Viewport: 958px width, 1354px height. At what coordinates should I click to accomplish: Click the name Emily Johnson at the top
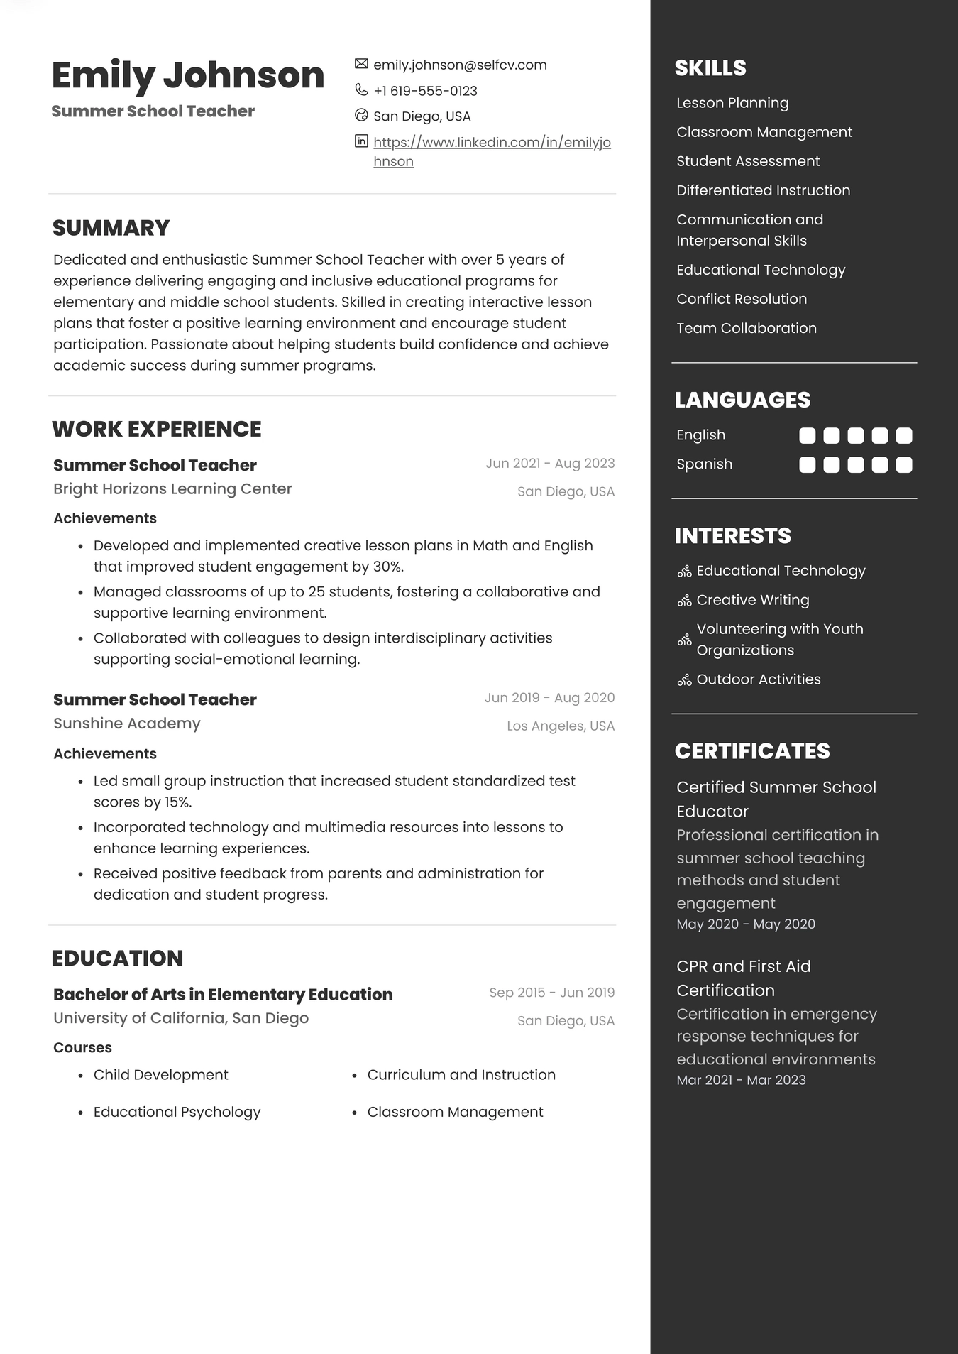click(188, 75)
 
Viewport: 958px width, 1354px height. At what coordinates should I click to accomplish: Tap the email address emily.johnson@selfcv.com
click(460, 65)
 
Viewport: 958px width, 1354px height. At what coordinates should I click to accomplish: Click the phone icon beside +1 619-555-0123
click(361, 90)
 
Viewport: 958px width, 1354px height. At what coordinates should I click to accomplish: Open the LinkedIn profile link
click(492, 143)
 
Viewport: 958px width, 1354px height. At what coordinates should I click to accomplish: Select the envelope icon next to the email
click(361, 64)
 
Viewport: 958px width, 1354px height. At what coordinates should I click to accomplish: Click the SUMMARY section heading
click(111, 228)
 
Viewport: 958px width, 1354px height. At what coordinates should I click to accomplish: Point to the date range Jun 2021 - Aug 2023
click(550, 464)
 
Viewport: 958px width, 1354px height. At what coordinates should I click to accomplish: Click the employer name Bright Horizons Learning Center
click(172, 489)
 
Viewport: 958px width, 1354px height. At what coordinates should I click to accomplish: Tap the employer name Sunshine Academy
click(127, 724)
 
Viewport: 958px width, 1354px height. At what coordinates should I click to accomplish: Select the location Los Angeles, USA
click(561, 726)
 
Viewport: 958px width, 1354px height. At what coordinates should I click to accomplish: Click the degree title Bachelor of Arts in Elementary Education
click(223, 994)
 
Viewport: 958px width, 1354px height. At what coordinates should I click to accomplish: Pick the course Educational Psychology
click(177, 1112)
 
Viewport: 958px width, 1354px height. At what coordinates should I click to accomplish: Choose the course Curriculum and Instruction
click(461, 1075)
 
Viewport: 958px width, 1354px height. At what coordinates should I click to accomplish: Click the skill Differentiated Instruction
click(763, 190)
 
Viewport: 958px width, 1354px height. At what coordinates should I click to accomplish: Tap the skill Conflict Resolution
click(742, 299)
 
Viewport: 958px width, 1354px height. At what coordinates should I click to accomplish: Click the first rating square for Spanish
click(808, 465)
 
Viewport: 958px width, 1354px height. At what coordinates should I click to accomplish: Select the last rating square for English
click(904, 436)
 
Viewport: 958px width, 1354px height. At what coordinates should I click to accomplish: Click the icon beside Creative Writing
click(684, 601)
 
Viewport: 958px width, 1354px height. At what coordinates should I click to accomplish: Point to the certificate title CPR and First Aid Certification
click(743, 978)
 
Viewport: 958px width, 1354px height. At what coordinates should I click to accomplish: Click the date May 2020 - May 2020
click(746, 924)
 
